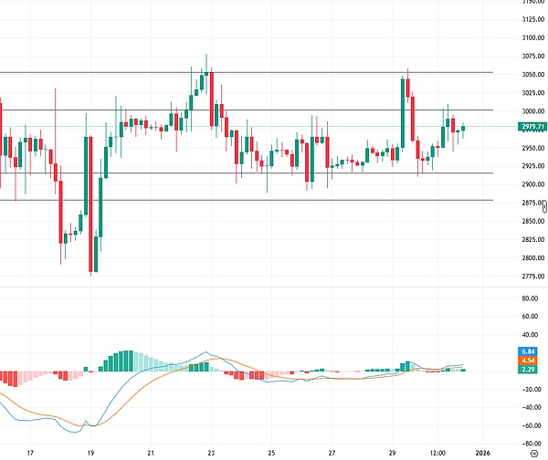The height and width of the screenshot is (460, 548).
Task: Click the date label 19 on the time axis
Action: pos(90,452)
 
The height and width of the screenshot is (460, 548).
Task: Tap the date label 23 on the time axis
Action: pos(211,452)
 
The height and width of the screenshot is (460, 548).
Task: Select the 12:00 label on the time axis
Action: pos(438,452)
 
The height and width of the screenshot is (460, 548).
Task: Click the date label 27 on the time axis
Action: pos(332,452)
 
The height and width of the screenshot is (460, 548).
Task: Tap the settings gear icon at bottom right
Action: pos(533,452)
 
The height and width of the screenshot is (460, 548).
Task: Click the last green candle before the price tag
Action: pos(463,129)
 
